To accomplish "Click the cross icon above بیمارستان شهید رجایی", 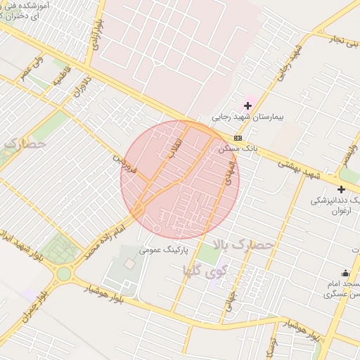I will [x=248, y=105].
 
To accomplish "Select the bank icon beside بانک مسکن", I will [x=238, y=138].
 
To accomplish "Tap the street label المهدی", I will [x=229, y=172].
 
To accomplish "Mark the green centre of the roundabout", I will [x=64, y=273].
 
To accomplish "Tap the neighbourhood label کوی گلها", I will [x=206, y=270].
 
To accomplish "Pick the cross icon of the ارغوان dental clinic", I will [x=342, y=189].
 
